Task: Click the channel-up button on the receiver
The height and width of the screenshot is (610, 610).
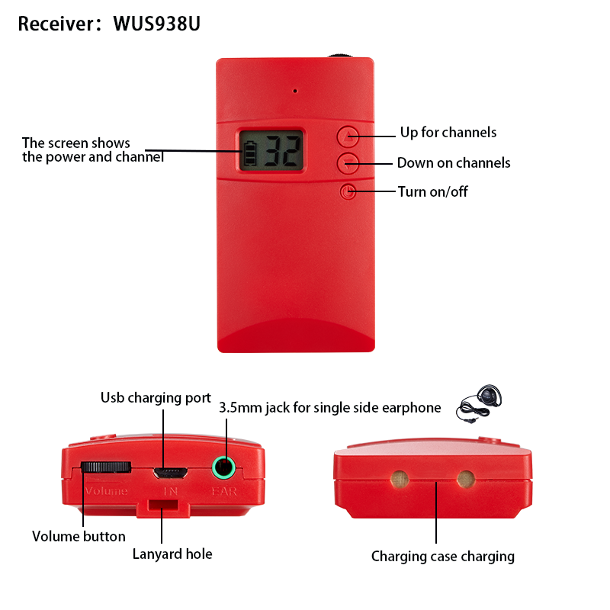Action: [x=348, y=136]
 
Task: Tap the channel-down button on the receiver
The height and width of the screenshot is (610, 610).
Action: [x=348, y=162]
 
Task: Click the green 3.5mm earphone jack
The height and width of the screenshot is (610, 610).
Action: [x=223, y=466]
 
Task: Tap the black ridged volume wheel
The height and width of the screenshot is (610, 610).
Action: [x=106, y=467]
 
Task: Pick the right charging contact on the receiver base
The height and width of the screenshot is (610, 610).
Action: [x=464, y=479]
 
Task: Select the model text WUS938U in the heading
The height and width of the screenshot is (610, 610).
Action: [x=156, y=24]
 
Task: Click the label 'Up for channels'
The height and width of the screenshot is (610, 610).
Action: [x=448, y=133]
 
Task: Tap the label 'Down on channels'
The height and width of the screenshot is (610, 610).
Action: [x=454, y=163]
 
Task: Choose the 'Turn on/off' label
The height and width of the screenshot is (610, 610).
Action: [x=433, y=191]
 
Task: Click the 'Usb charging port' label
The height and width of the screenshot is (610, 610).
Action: [x=156, y=398]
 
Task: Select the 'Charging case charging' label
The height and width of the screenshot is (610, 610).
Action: [x=442, y=557]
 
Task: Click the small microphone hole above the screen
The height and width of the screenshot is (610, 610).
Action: [x=294, y=91]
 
